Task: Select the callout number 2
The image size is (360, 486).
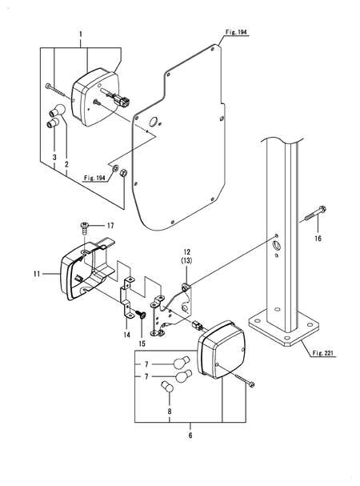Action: tap(66, 163)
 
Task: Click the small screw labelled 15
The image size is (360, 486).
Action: tap(141, 315)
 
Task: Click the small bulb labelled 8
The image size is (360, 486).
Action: tap(168, 388)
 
